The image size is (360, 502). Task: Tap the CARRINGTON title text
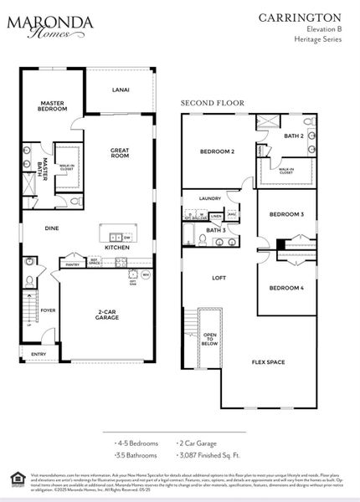(x=311, y=17)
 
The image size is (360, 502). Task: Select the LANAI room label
(x=120, y=90)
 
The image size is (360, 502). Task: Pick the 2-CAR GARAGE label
(x=106, y=315)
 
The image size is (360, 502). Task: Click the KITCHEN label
(x=116, y=248)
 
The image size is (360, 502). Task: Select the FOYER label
(x=49, y=310)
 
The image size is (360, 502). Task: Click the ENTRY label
(x=39, y=354)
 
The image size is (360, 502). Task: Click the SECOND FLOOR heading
(x=213, y=103)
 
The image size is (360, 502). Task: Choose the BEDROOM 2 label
(x=216, y=151)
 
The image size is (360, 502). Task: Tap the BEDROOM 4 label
(x=285, y=289)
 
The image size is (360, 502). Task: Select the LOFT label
(x=219, y=277)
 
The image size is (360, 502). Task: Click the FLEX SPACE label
(x=269, y=362)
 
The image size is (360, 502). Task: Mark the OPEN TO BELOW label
(x=210, y=338)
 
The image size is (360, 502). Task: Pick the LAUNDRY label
(x=210, y=198)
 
